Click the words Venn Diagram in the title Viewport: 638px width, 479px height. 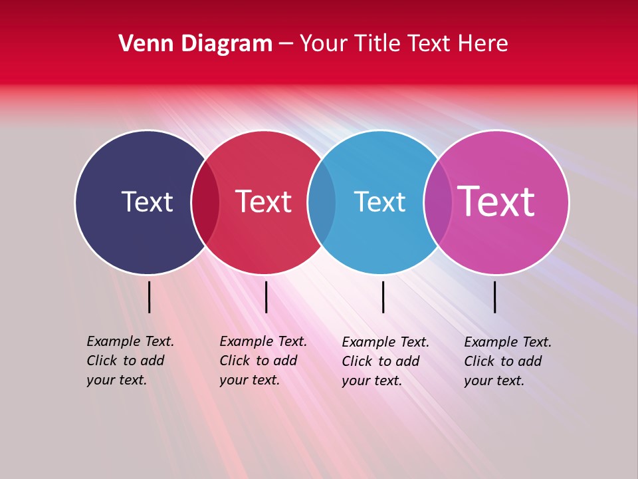point(195,44)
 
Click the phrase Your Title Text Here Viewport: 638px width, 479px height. point(403,44)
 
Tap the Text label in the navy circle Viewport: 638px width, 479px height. point(147,202)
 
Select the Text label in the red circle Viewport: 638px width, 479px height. point(263,202)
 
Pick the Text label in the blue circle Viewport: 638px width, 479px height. point(379,202)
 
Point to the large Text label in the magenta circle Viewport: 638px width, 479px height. point(496,202)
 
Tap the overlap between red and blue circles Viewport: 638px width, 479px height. point(322,202)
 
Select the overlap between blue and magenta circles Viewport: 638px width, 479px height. point(437,202)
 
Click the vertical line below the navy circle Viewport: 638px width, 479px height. point(149,297)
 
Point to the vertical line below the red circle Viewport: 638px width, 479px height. point(266,297)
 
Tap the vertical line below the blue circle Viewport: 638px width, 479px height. point(383,297)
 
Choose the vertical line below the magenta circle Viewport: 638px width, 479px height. point(494,297)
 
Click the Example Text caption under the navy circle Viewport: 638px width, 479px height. point(130,341)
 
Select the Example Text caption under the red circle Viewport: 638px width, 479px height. point(263,341)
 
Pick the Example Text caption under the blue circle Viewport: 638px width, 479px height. point(385,342)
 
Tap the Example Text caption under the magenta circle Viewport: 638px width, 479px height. point(508,342)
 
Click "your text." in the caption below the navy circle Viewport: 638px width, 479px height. point(116,381)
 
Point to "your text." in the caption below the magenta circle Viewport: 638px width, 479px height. point(494,381)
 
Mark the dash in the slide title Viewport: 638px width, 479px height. point(286,45)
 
